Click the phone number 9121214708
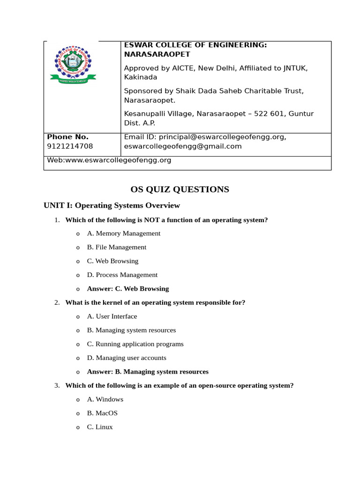pyautogui.click(x=67, y=146)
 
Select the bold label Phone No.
pyautogui.click(x=67, y=137)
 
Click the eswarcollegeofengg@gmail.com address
pyautogui.click(x=183, y=146)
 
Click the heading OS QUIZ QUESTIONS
pyautogui.click(x=180, y=189)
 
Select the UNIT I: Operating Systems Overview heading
pyautogui.click(x=112, y=205)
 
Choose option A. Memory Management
pyautogui.click(x=123, y=233)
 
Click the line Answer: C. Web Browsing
pyautogui.click(x=127, y=289)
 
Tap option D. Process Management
pyautogui.click(x=122, y=275)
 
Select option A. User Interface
pyautogui.click(x=112, y=316)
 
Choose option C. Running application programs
pyautogui.click(x=135, y=344)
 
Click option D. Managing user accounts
pyautogui.click(x=126, y=358)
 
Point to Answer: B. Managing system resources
pyautogui.click(x=147, y=372)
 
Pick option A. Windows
pyautogui.click(x=105, y=399)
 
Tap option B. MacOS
pyautogui.click(x=102, y=413)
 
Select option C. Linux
pyautogui.click(x=100, y=427)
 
